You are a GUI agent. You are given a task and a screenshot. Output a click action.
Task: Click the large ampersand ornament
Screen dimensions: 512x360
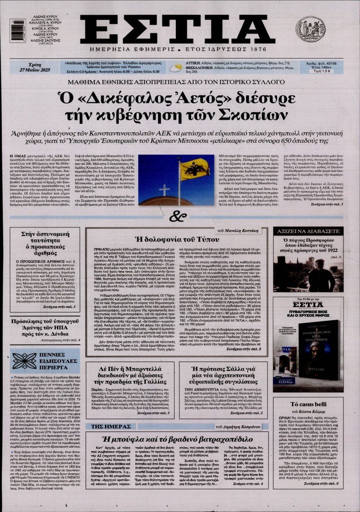click(x=180, y=216)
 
